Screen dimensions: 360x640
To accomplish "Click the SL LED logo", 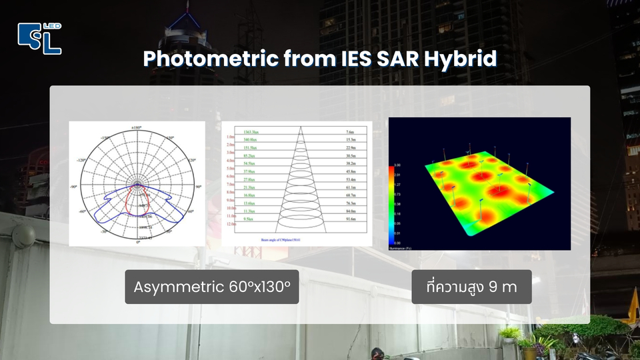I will tap(39, 38).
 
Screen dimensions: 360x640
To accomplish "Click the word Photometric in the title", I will tap(209, 59).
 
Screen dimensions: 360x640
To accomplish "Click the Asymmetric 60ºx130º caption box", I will tap(211, 287).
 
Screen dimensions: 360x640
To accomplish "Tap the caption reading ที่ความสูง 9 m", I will tap(471, 287).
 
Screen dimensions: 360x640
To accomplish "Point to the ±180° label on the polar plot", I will tap(137, 127).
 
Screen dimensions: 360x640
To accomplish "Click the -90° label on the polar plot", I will tap(74, 186).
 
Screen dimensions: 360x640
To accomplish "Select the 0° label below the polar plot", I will tap(137, 242).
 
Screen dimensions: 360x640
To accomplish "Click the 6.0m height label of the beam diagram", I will tap(231, 176).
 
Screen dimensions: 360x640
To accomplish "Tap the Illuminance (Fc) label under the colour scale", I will tap(403, 248).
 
